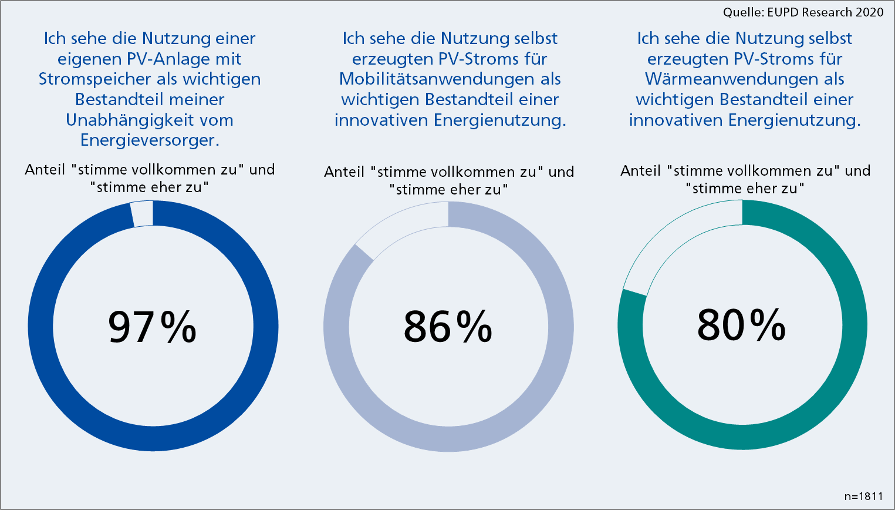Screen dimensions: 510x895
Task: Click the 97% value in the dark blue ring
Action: click(x=152, y=327)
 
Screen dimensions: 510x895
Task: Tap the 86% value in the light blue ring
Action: click(x=448, y=327)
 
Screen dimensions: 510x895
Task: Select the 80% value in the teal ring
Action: click(x=741, y=324)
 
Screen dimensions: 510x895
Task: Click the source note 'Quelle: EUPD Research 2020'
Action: click(x=803, y=12)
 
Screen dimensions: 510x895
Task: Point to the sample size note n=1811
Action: click(x=863, y=496)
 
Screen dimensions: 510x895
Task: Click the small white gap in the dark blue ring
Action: click(x=142, y=214)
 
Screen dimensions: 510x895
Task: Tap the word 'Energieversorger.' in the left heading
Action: click(x=150, y=140)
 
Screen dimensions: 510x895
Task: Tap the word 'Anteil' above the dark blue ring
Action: click(x=45, y=170)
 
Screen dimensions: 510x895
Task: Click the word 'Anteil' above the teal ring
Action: click(x=640, y=171)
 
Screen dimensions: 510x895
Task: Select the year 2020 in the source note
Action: click(x=867, y=12)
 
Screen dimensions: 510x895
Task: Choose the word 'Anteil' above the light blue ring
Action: click(x=344, y=172)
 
